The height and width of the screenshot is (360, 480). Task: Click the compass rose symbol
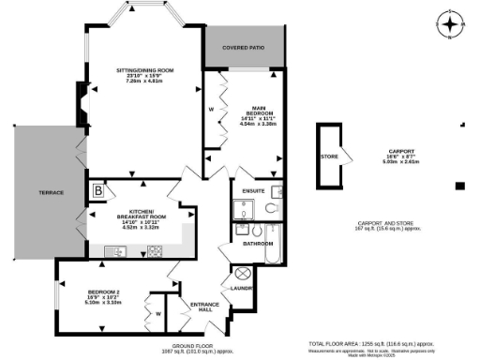[451, 25]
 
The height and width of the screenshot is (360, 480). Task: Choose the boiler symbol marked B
[97, 192]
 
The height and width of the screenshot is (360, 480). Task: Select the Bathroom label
[257, 244]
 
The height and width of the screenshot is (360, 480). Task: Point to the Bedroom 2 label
[104, 293]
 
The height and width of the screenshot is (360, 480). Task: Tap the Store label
[328, 157]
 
